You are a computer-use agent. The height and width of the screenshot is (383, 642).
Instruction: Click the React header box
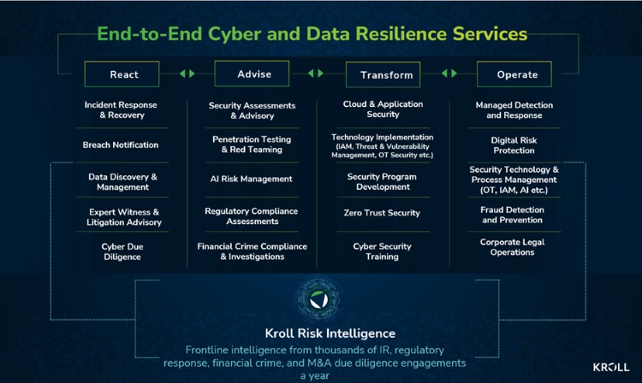pos(124,74)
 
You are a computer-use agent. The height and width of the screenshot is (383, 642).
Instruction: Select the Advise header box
pos(253,74)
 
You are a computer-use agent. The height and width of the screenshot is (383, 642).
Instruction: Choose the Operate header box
pos(517,74)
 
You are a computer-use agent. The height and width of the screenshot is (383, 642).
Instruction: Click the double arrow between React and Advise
pos(187,74)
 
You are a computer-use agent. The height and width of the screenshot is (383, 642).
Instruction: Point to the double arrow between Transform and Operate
pos(449,74)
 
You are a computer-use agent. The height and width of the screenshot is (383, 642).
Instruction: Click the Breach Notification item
pos(121,145)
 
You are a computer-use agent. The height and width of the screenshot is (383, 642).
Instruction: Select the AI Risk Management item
pos(252,179)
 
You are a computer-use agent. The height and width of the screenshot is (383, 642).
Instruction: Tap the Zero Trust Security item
pos(382,213)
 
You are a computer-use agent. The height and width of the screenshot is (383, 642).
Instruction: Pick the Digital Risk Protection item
pos(514,144)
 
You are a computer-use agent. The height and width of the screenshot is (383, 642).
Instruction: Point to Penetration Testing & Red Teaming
pos(252,144)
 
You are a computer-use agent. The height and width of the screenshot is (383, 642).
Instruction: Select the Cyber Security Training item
pos(382,251)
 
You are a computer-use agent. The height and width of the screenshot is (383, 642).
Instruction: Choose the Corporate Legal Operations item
pos(513,247)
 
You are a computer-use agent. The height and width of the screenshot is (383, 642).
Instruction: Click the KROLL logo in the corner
pos(610,367)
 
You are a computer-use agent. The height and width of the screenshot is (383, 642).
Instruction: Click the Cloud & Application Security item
pos(383,109)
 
